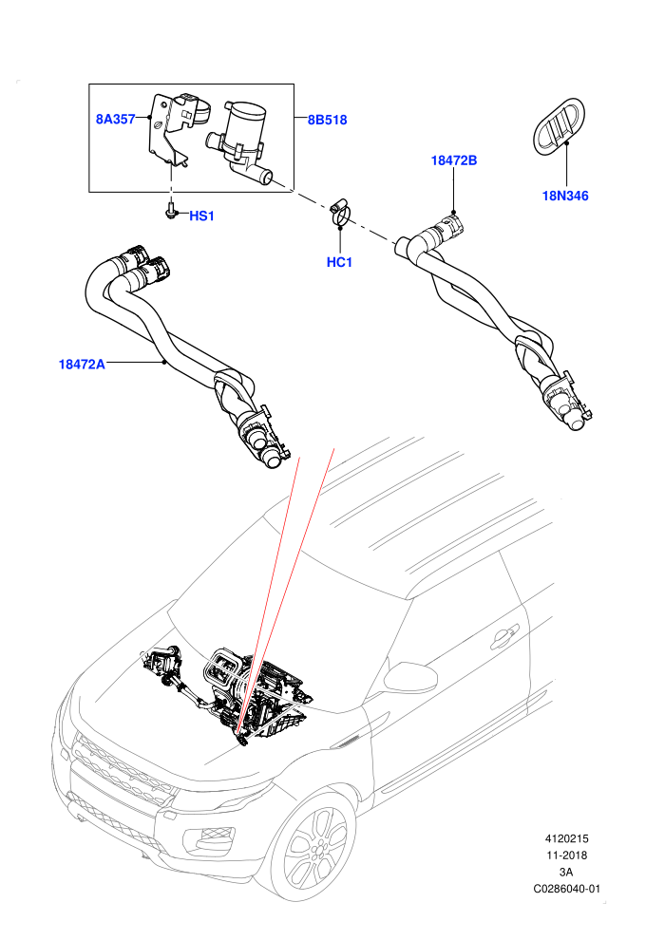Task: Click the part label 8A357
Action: [115, 120]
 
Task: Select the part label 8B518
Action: [328, 120]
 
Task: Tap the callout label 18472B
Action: [454, 160]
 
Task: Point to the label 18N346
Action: [565, 196]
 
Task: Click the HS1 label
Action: [202, 216]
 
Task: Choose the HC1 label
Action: [339, 262]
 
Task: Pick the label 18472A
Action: [82, 364]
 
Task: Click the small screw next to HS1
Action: [170, 211]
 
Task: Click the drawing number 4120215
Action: [566, 838]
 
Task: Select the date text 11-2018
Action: [566, 855]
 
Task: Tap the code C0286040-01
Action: [566, 889]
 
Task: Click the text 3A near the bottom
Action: [566, 873]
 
